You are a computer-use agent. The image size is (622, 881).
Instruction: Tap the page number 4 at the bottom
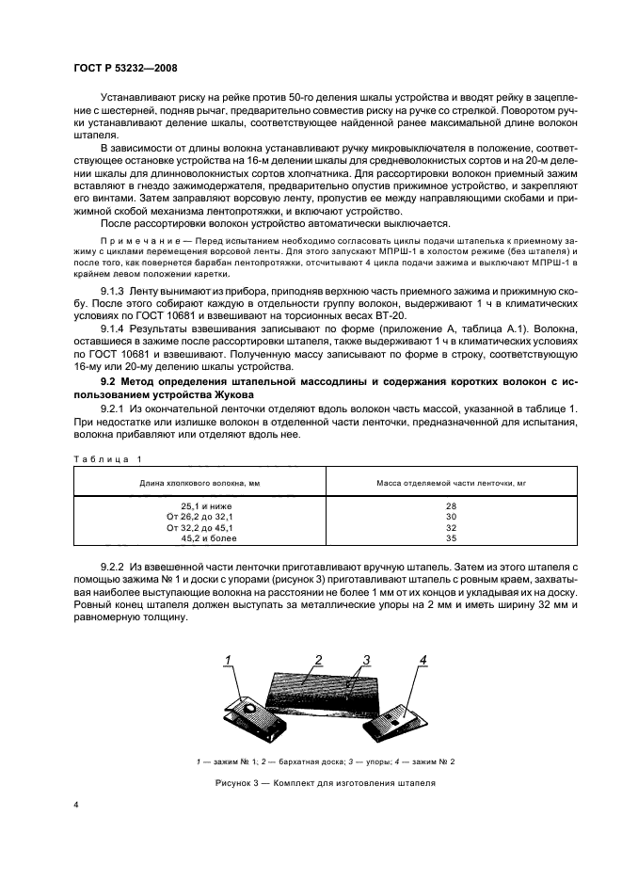pyautogui.click(x=75, y=808)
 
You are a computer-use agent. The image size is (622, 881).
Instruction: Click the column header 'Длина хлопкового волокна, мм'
pyautogui.click(x=199, y=483)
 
